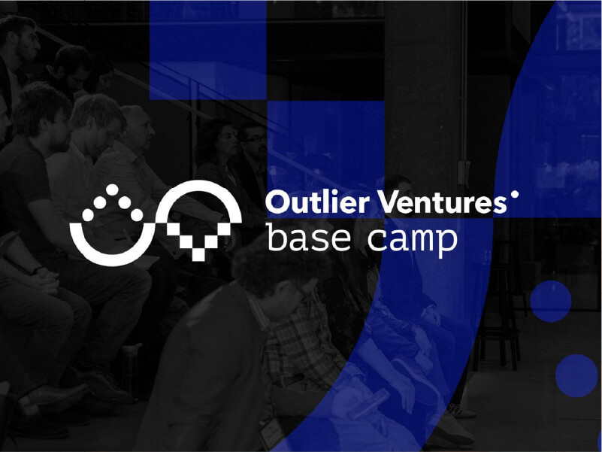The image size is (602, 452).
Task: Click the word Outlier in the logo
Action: coord(317,202)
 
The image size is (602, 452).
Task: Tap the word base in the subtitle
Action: coord(308,237)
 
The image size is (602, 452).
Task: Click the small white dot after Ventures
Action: coord(515,194)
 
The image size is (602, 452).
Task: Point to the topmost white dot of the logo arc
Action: coord(112,190)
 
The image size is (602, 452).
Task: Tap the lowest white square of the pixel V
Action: coord(198,255)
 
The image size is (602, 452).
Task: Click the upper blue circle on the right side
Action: coord(551,301)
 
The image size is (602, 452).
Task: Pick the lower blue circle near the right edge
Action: coord(576,375)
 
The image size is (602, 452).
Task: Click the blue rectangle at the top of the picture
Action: coord(207,50)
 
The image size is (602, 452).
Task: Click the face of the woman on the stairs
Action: coord(226,141)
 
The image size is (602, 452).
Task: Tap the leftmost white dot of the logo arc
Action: coord(88,215)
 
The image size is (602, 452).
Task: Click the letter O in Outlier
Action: coord(277,202)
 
